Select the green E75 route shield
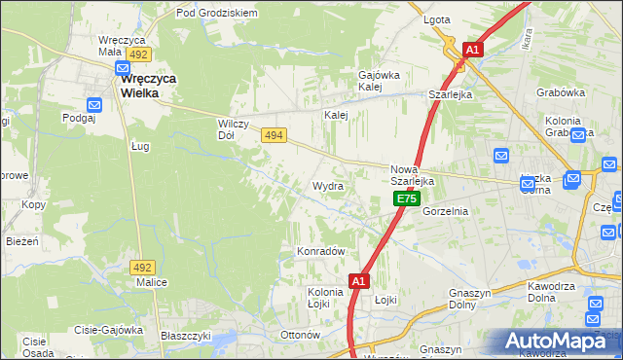(x=406, y=198)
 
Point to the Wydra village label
(x=327, y=185)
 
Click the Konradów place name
(x=320, y=251)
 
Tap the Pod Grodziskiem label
(x=216, y=13)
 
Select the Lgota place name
(x=436, y=19)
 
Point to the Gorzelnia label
(x=447, y=210)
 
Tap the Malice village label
(x=152, y=282)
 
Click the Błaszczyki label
(x=187, y=335)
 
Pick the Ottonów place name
(x=300, y=335)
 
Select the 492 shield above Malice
(x=143, y=267)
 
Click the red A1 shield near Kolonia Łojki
(x=358, y=281)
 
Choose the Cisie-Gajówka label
(x=106, y=330)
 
